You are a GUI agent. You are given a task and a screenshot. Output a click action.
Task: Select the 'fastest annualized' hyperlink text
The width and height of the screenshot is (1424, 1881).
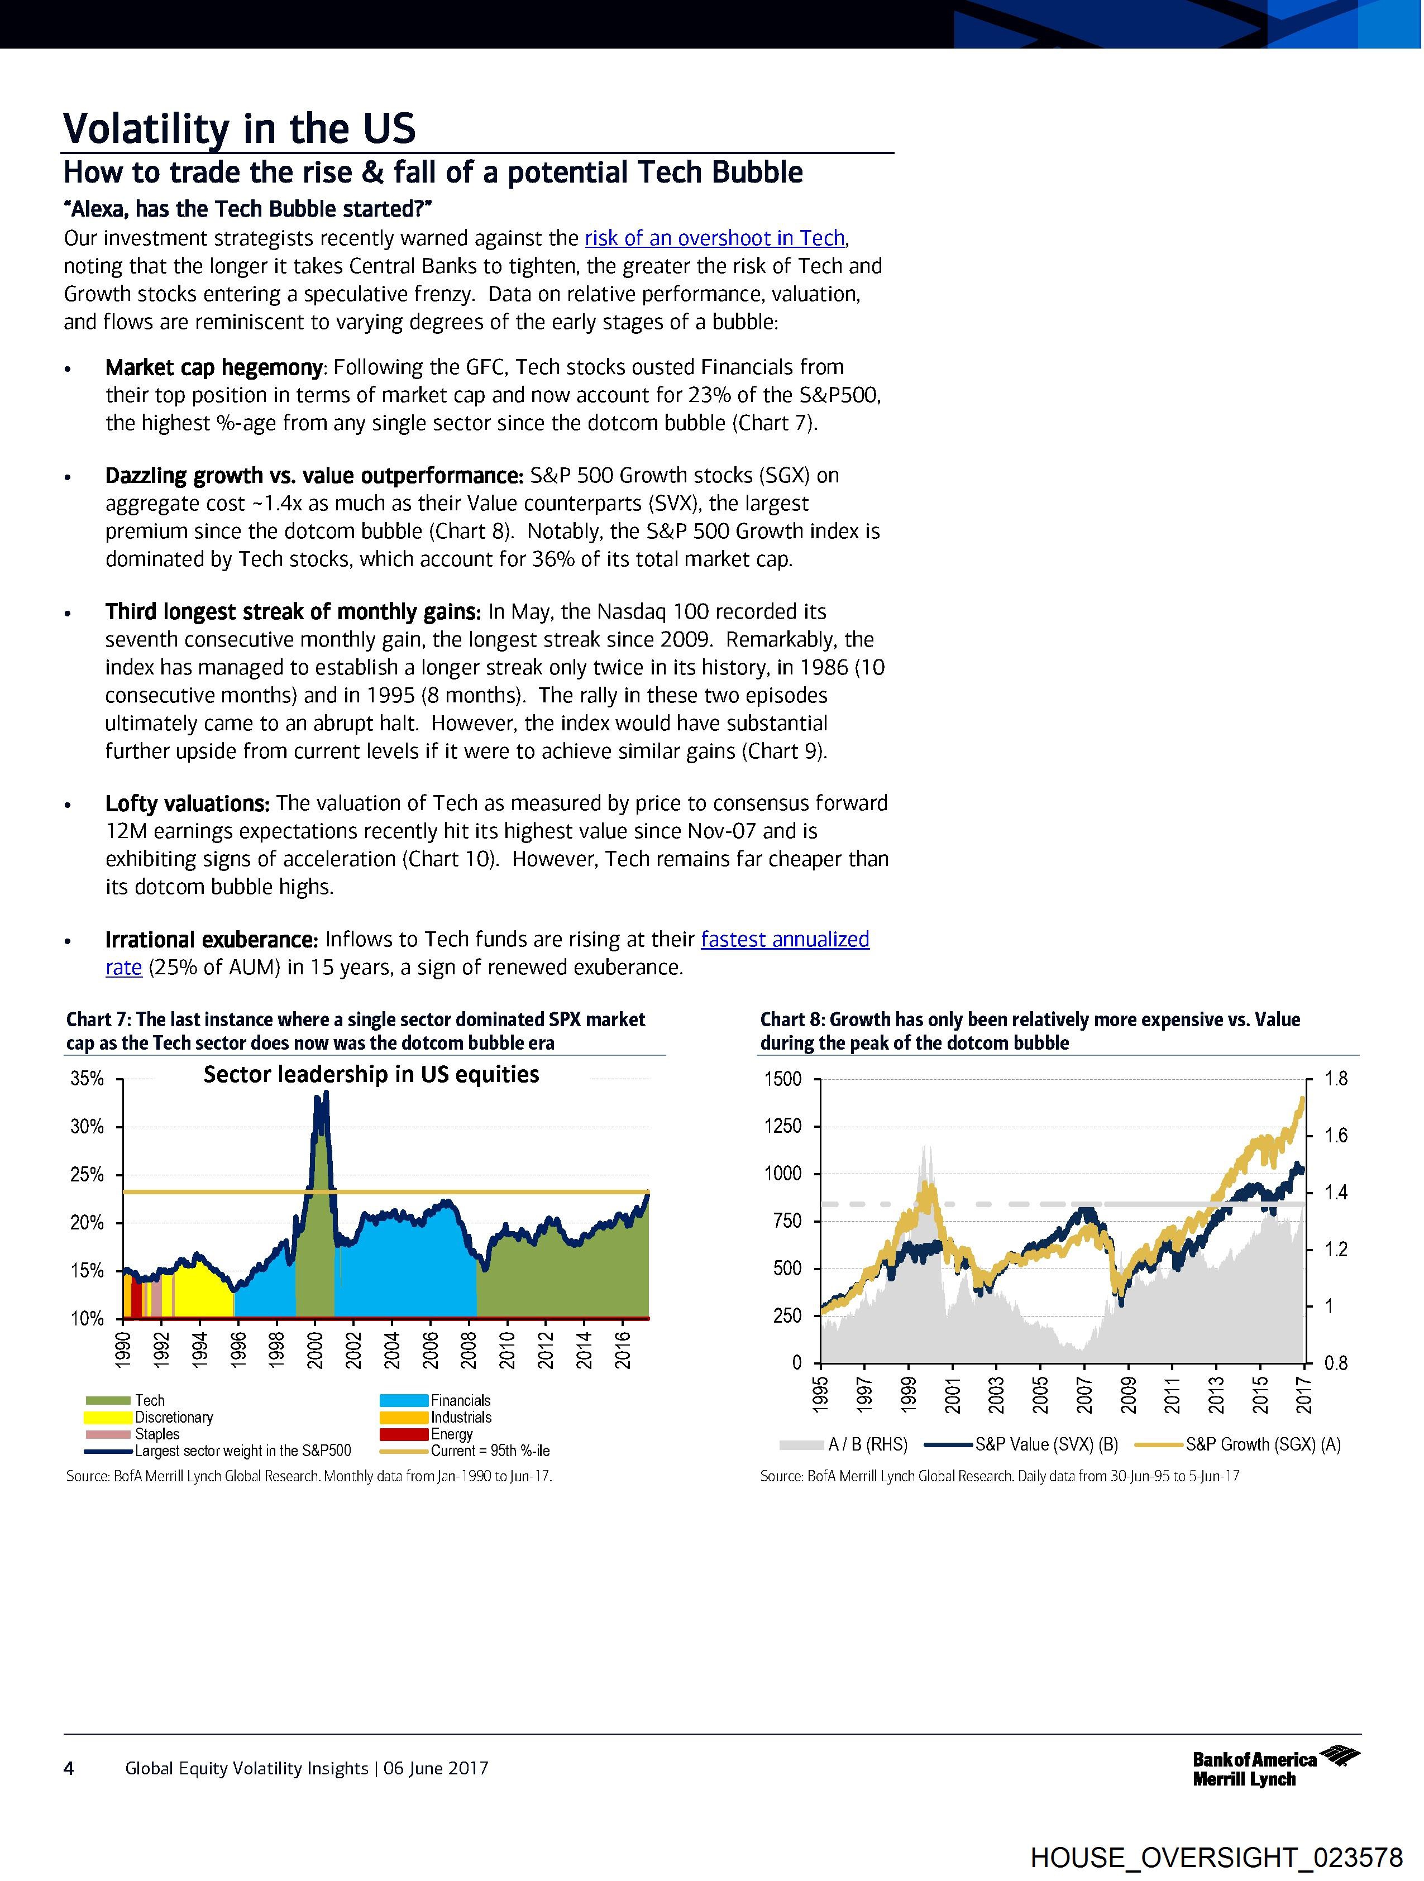click(784, 940)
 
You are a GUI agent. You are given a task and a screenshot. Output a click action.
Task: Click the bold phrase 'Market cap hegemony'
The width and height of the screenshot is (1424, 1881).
click(213, 367)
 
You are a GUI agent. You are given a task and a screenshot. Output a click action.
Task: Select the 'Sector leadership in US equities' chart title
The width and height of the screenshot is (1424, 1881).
click(371, 1075)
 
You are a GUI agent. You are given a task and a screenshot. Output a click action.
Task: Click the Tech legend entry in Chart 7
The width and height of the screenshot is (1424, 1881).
click(149, 1400)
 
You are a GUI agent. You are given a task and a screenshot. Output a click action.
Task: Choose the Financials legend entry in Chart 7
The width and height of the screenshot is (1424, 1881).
click(460, 1400)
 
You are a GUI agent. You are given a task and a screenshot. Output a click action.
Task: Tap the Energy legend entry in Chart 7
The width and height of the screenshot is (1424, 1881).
click(451, 1434)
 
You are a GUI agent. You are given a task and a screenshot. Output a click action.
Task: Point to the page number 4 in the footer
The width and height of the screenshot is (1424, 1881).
click(69, 1769)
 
